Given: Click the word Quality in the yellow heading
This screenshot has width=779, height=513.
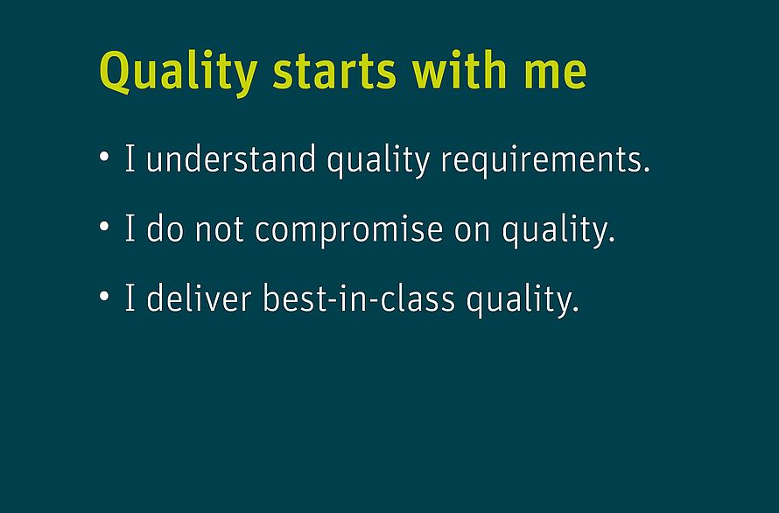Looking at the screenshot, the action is (179, 73).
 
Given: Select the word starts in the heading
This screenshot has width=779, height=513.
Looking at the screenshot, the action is (334, 71).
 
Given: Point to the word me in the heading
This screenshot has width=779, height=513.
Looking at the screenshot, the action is (556, 75).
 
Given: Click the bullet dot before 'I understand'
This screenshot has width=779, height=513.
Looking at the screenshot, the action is (104, 156).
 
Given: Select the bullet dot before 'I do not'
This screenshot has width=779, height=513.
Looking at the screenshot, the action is (104, 226).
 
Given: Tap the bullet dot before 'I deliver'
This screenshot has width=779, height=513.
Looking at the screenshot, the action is (104, 296).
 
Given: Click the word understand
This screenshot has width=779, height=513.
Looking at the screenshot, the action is (231, 158).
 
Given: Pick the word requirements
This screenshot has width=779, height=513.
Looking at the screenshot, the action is (545, 159).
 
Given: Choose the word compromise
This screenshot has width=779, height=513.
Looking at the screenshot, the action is (348, 230).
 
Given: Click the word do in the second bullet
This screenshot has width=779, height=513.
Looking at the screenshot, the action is (165, 228).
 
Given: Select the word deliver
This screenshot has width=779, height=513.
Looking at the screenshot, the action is (199, 298).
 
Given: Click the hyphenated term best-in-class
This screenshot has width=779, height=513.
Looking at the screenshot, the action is (359, 298).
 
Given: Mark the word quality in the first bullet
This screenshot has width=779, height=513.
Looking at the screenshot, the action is (378, 161).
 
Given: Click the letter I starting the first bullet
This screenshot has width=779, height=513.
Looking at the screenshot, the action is (130, 158).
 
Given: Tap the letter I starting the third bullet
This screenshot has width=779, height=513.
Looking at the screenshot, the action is (130, 298).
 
